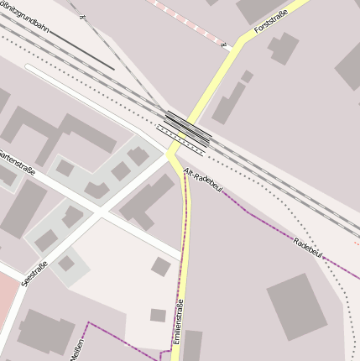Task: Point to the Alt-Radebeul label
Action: click(201, 179)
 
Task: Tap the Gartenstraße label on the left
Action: click(15, 160)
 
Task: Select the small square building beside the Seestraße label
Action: click(66, 264)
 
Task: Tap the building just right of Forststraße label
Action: click(284, 49)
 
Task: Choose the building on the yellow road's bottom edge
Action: click(192, 345)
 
